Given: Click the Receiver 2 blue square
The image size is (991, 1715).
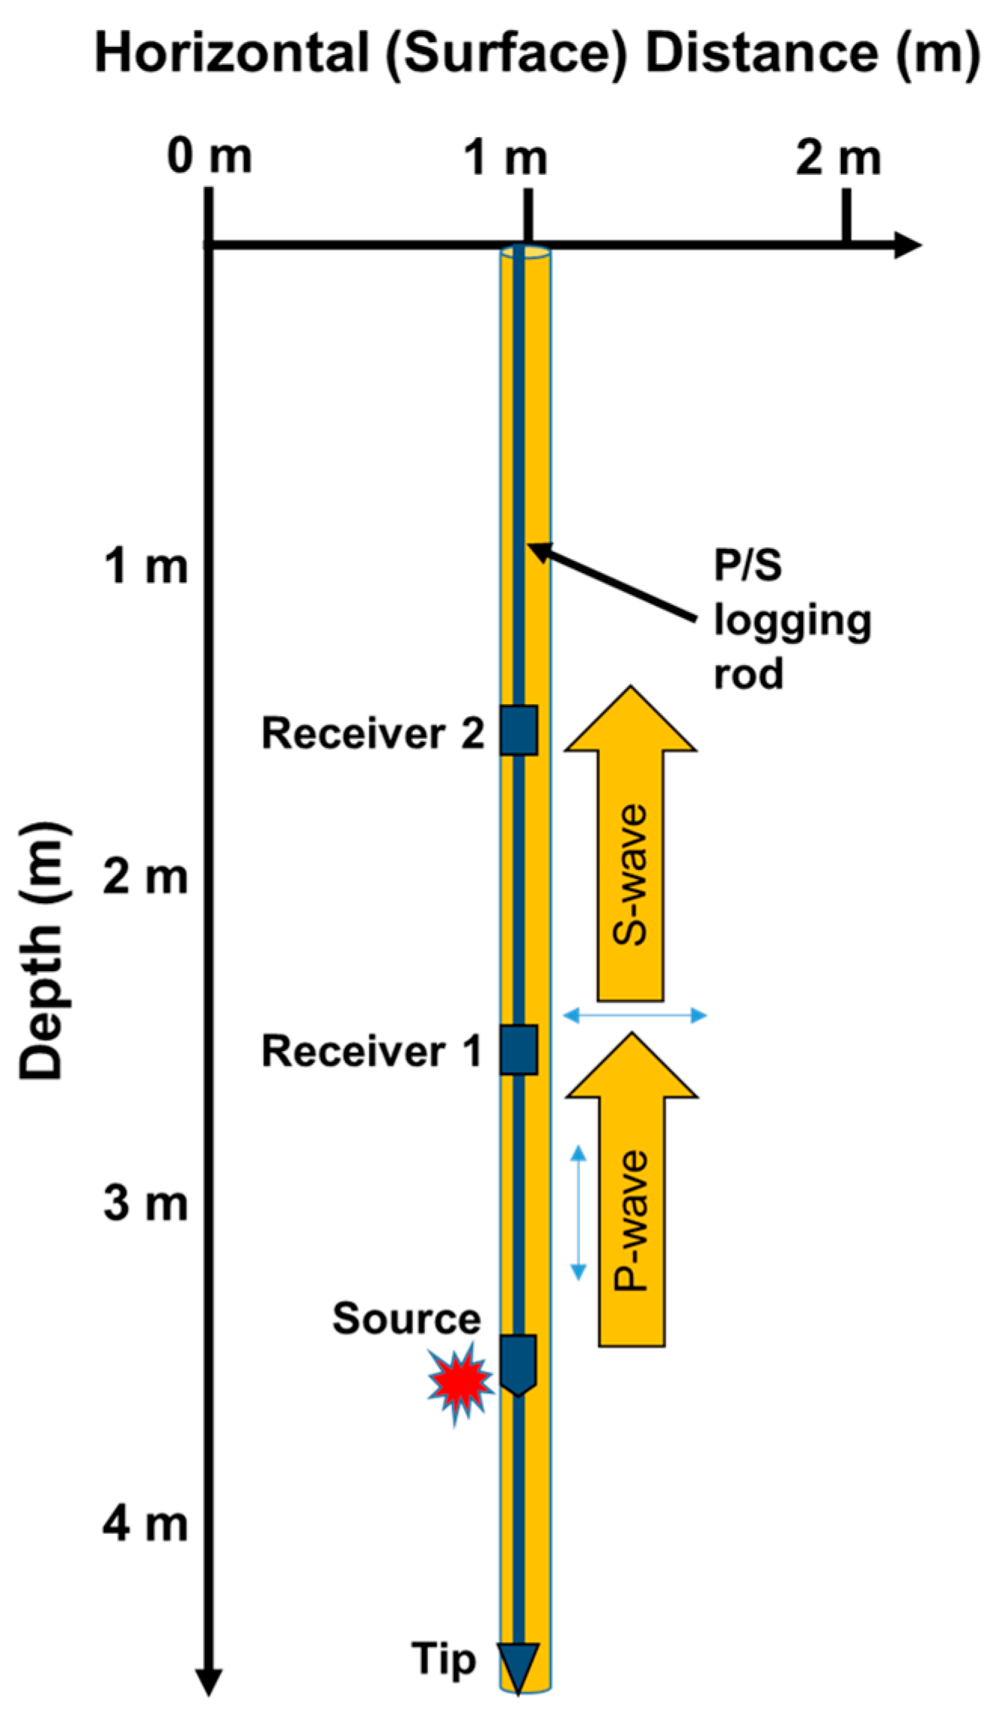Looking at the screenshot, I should [x=519, y=730].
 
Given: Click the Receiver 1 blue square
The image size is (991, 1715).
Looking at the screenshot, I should [x=519, y=1049].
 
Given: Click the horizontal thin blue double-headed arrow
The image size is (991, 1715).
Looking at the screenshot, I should [x=635, y=1015].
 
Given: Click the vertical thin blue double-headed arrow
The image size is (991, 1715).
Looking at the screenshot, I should [x=578, y=1213].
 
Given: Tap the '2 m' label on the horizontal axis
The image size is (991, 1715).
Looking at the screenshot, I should [x=838, y=158].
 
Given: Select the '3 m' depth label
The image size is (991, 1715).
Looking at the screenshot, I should [x=145, y=1203].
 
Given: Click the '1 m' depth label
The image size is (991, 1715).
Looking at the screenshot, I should [x=145, y=566].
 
